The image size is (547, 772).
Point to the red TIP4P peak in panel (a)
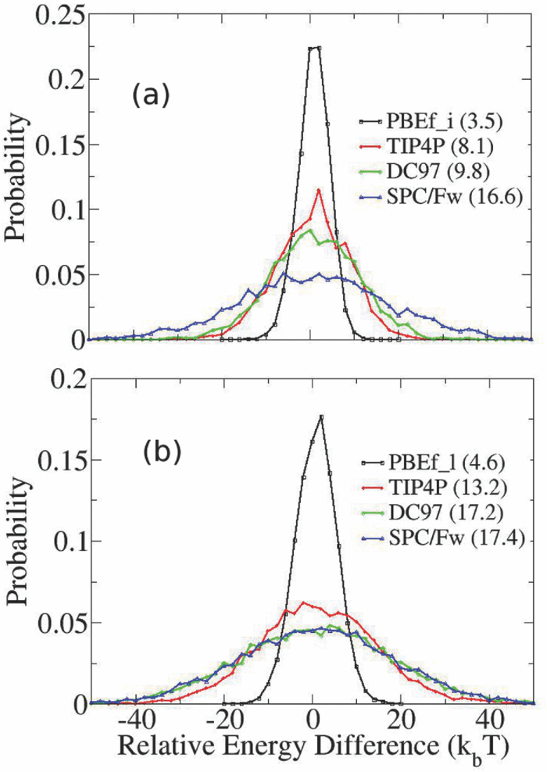pyautogui.click(x=318, y=190)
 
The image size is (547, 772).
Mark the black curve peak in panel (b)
pyautogui.click(x=321, y=416)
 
